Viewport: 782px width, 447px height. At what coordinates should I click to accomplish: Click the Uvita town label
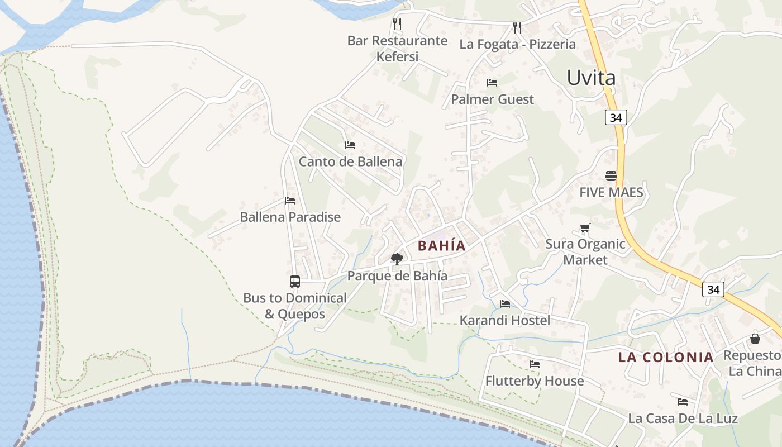[591, 78]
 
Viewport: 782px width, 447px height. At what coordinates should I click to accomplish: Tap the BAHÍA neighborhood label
[441, 246]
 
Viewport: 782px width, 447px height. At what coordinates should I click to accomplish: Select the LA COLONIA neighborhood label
[666, 357]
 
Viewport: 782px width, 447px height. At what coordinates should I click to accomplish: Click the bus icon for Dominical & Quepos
[295, 282]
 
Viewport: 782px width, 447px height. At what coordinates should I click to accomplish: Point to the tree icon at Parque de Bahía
[397, 259]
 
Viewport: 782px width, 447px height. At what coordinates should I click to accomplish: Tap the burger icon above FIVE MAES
[611, 176]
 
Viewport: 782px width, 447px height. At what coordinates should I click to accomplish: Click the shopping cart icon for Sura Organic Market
[585, 227]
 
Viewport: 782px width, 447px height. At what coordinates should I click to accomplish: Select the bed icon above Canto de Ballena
[350, 145]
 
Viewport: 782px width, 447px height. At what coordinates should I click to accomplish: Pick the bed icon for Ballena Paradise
[289, 200]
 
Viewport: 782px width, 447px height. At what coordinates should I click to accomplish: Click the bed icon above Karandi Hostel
[505, 304]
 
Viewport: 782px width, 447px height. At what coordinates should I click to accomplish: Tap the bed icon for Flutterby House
[535, 364]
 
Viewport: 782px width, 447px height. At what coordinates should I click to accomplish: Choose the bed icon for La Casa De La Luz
[682, 401]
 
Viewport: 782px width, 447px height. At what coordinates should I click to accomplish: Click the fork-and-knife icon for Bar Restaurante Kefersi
[397, 23]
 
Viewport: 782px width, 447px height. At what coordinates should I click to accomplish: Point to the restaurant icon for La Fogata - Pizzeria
[517, 27]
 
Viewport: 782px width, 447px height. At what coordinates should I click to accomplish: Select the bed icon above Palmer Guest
[492, 83]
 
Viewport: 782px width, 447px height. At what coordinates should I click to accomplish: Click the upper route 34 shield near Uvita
[616, 117]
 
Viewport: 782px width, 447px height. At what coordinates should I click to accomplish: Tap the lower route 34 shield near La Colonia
[713, 289]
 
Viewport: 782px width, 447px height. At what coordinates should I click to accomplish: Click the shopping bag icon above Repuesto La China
[755, 338]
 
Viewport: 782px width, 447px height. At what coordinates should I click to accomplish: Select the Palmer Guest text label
[492, 99]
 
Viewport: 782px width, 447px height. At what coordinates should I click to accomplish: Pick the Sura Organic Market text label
[585, 251]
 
